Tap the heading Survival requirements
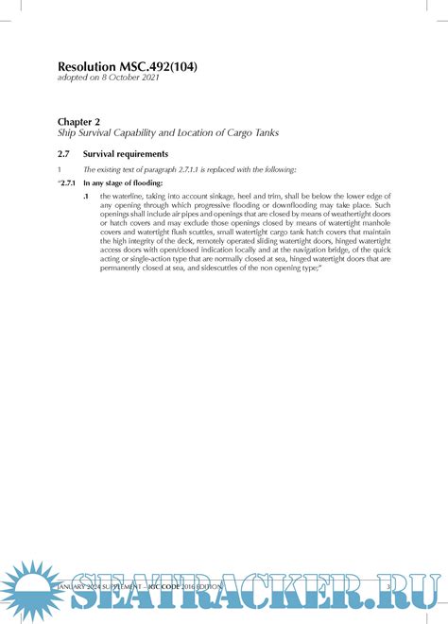click(126, 153)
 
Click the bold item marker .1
click(86, 195)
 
